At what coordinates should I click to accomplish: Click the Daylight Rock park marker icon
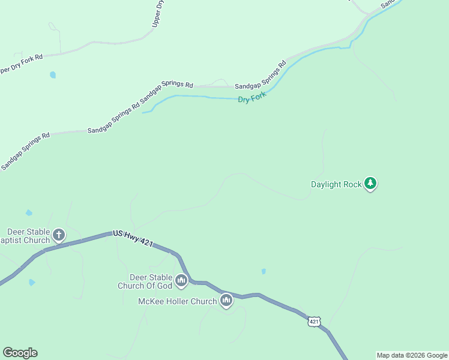click(x=370, y=184)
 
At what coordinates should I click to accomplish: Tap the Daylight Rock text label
click(x=336, y=184)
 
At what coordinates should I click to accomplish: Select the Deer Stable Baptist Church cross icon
click(x=59, y=235)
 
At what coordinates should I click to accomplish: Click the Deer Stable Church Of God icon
click(x=181, y=280)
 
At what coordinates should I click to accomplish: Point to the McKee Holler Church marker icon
click(x=226, y=300)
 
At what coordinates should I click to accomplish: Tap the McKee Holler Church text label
click(x=177, y=301)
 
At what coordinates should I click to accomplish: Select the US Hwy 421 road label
click(x=133, y=238)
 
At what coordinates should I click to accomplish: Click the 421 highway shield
click(x=314, y=322)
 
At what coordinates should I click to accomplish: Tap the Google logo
click(x=20, y=353)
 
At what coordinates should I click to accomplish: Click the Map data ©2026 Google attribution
click(x=412, y=355)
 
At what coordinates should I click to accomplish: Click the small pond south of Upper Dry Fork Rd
click(x=53, y=75)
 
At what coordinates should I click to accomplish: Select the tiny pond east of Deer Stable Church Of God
click(x=264, y=272)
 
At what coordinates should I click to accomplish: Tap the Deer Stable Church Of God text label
click(x=145, y=281)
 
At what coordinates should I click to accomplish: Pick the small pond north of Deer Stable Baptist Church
click(x=29, y=212)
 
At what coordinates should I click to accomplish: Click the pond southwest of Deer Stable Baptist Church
click(x=32, y=282)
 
